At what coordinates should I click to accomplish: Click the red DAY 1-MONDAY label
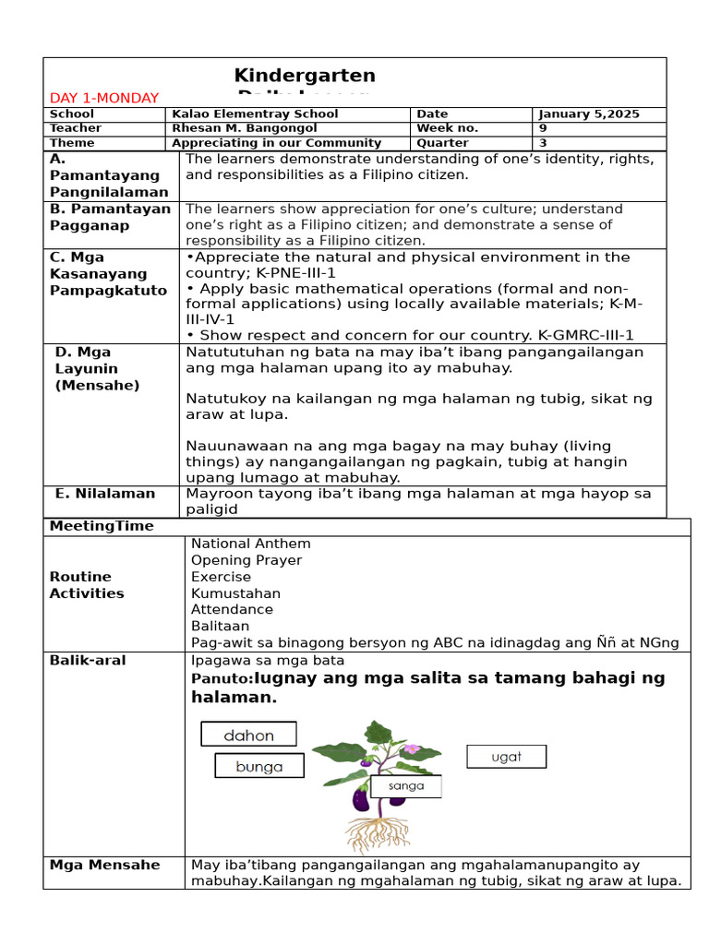click(x=104, y=98)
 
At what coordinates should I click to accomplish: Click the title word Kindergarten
click(x=305, y=76)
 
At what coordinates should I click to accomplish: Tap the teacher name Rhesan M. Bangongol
click(x=246, y=128)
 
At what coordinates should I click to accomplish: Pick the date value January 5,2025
click(x=589, y=114)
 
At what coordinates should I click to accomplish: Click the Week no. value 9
click(x=543, y=128)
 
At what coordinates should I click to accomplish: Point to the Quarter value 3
click(x=543, y=143)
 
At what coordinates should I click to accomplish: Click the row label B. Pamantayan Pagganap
click(x=110, y=217)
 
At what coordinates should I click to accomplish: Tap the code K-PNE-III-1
click(x=302, y=273)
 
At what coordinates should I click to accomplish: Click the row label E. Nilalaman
click(x=105, y=494)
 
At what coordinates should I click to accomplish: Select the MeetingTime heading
click(x=102, y=526)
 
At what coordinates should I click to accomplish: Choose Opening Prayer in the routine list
click(x=246, y=560)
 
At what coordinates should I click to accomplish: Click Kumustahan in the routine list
click(x=235, y=593)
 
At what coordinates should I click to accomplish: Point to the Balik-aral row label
click(x=88, y=661)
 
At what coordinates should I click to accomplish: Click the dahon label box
click(x=248, y=735)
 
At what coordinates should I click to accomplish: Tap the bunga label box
click(x=259, y=766)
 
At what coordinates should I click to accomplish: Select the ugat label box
click(x=506, y=757)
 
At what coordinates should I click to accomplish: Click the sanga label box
click(x=406, y=786)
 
